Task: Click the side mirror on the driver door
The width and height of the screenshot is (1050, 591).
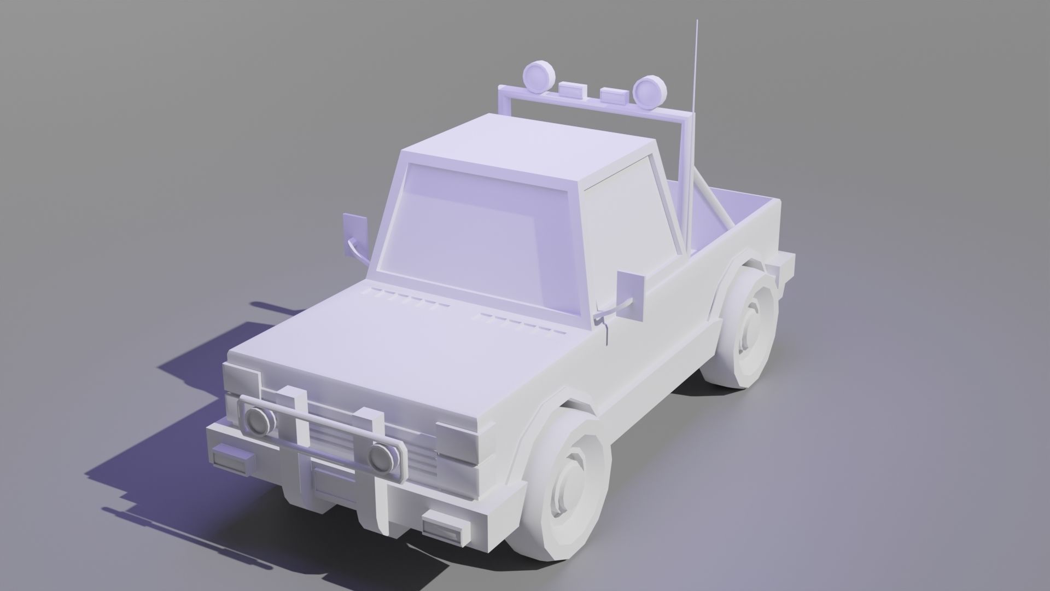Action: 632,295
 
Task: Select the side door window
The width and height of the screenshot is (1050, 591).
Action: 629,230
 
